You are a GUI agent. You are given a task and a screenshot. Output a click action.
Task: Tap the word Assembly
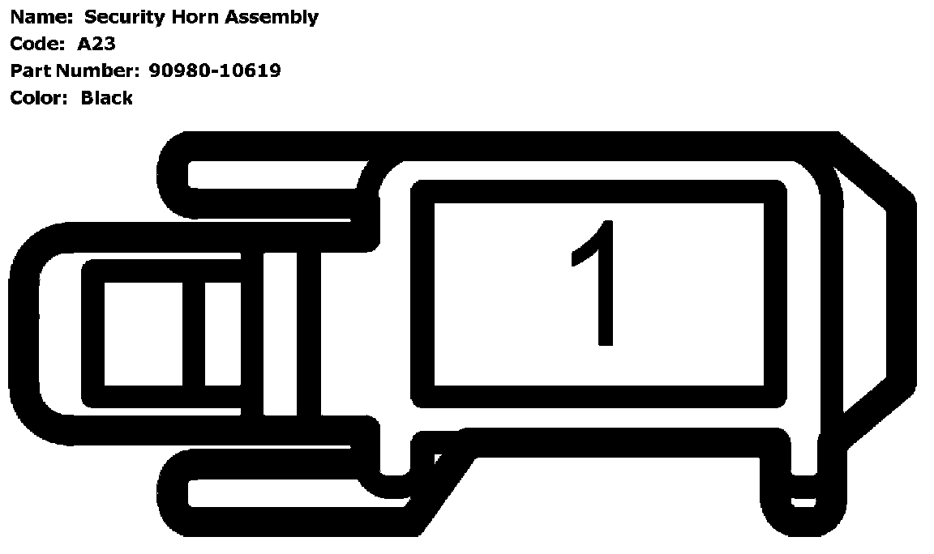coord(272,17)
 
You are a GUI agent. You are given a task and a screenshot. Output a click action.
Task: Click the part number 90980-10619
coord(215,70)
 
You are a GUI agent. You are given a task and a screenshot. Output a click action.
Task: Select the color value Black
coord(106,98)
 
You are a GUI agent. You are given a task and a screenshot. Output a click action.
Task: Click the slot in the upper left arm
coord(276,175)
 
